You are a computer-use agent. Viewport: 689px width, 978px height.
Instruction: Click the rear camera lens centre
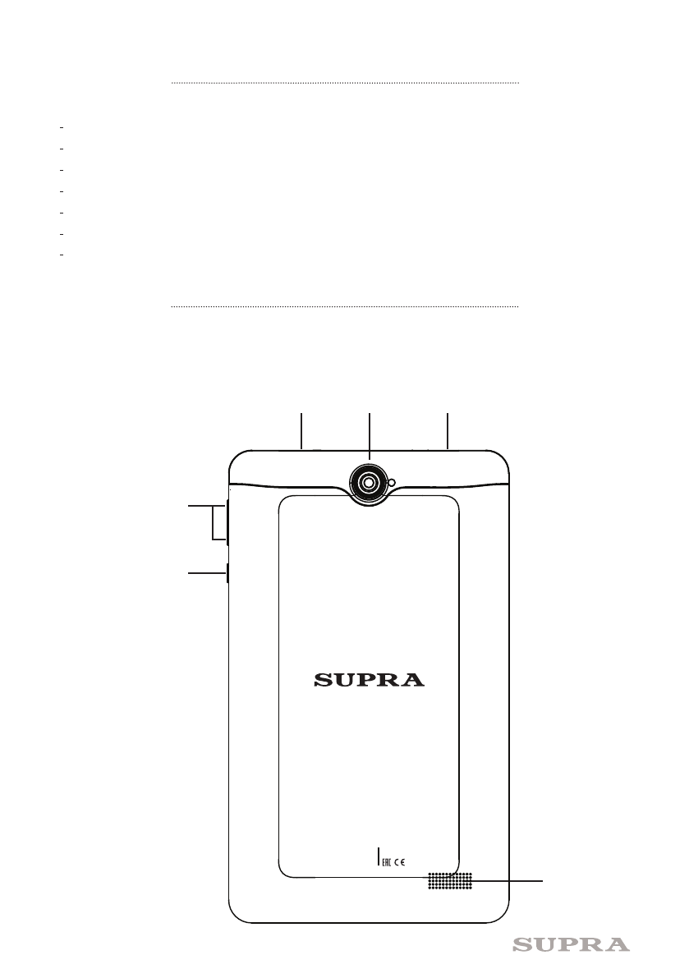pyautogui.click(x=369, y=483)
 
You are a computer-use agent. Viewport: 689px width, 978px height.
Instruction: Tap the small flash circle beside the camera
pyautogui.click(x=392, y=482)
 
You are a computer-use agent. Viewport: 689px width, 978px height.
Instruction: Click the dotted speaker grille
pyautogui.click(x=449, y=881)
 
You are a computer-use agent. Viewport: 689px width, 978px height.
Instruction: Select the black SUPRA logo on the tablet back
pyautogui.click(x=369, y=680)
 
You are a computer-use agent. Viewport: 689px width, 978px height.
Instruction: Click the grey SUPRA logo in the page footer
pyautogui.click(x=571, y=945)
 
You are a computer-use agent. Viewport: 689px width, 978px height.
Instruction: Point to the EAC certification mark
pyautogui.click(x=387, y=862)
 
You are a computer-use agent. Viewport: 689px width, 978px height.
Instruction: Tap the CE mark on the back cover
pyautogui.click(x=400, y=862)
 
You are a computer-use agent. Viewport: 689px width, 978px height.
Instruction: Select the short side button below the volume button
pyautogui.click(x=227, y=572)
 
